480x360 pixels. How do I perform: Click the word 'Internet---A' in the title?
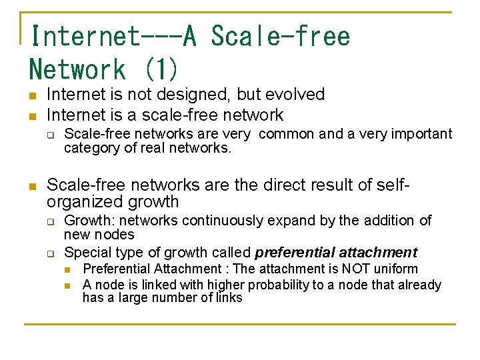point(113,35)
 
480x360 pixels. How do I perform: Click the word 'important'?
point(420,134)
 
